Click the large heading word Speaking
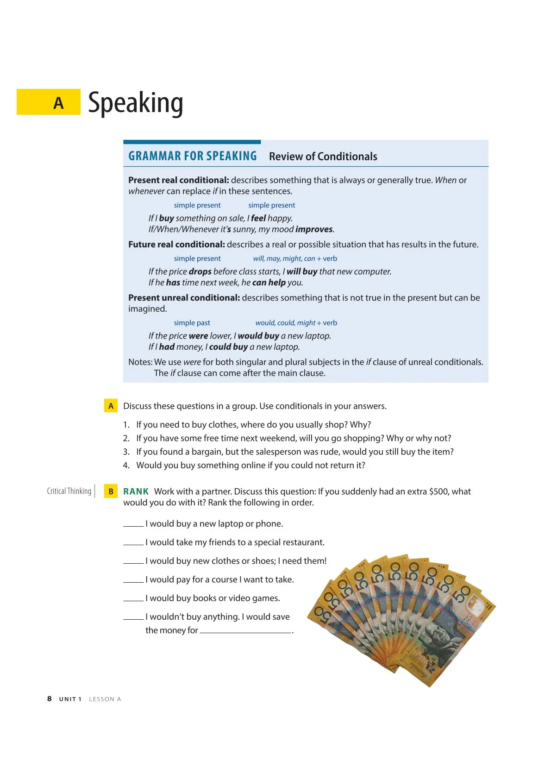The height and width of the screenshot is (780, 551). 135,103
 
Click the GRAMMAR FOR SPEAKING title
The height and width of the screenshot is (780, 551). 192,156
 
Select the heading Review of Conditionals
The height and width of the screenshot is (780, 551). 323,157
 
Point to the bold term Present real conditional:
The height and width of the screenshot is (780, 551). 178,180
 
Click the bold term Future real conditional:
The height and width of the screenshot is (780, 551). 176,245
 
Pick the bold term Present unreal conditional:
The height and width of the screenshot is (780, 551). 184,298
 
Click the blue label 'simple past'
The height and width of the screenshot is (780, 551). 192,323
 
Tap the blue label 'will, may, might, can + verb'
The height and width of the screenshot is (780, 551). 295,258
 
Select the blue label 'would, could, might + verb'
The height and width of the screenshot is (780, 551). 296,323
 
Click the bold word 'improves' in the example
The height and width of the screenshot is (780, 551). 314,229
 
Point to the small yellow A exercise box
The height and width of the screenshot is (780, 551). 111,406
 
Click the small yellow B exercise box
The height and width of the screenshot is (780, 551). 111,491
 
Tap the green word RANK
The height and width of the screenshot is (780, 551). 136,491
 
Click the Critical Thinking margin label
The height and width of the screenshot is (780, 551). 69,491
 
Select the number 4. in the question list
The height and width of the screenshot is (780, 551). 126,465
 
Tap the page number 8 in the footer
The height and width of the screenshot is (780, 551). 50,698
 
